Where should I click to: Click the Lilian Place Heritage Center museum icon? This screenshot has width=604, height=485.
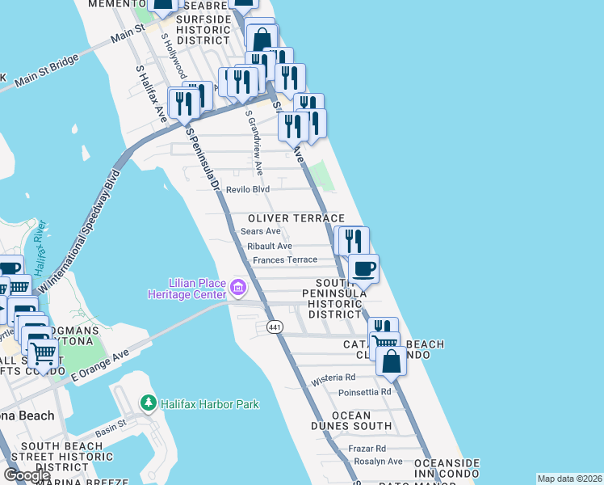[x=238, y=287]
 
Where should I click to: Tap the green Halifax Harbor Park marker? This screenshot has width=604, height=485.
[x=148, y=403]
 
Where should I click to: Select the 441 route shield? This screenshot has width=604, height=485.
[x=275, y=325]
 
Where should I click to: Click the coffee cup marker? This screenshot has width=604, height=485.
[x=363, y=269]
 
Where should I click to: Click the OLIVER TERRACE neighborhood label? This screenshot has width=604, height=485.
[x=296, y=219]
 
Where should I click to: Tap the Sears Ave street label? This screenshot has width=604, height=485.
[x=260, y=231]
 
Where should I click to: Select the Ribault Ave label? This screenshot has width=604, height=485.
[x=270, y=246]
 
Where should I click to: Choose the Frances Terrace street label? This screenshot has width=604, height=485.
[x=285, y=260]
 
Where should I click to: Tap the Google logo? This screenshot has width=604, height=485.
[x=27, y=475]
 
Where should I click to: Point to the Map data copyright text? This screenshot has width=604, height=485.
[x=569, y=479]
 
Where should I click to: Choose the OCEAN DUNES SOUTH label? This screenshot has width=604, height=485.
[x=351, y=420]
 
